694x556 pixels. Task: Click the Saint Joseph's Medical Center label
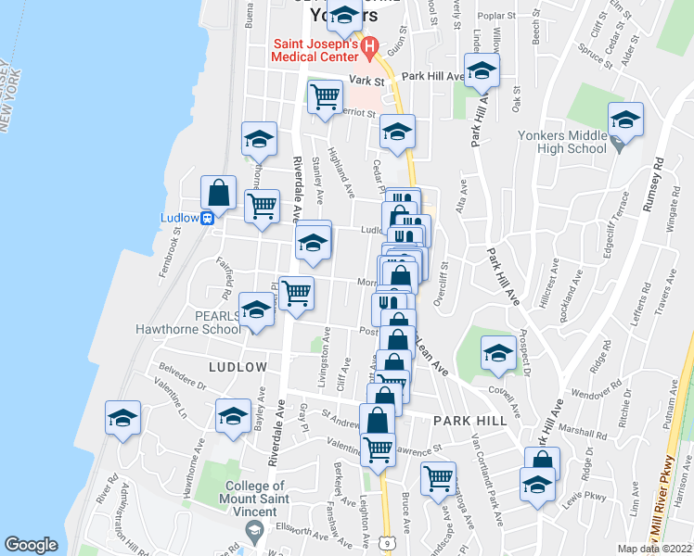pos(315,49)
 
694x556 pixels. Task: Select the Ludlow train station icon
pos(210,218)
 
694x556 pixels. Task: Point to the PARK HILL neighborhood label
pos(469,420)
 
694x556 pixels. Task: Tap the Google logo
pos(31,545)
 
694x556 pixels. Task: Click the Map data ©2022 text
pos(654,549)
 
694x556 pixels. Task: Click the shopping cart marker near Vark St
pos(325,95)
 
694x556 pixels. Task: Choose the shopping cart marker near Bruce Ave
pos(438,479)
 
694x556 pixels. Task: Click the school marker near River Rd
pos(122,420)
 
